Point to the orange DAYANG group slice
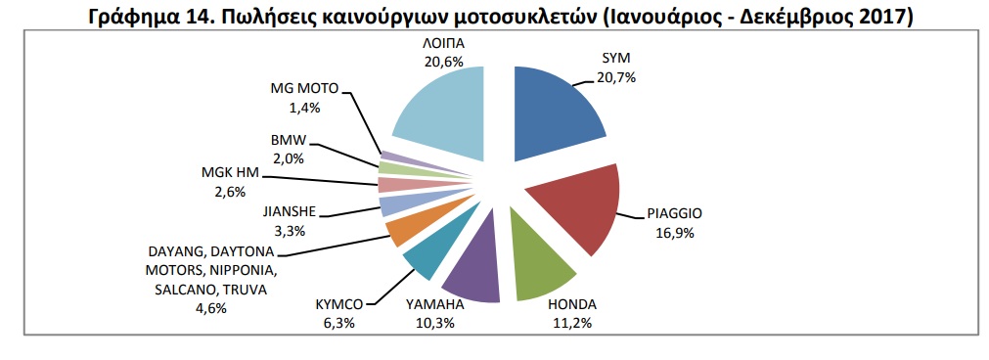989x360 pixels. pos(404,228)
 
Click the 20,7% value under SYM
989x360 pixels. pos(616,77)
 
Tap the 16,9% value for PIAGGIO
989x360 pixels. pos(674,232)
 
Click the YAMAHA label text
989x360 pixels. pos(436,305)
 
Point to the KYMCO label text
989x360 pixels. pos(338,305)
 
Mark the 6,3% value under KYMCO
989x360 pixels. pos(339,323)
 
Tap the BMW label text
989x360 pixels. pos(290,142)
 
